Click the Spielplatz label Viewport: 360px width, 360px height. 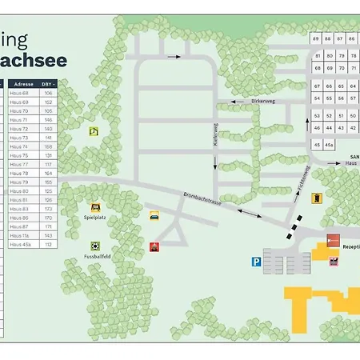point(95,216)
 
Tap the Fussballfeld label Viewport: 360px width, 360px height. point(96,257)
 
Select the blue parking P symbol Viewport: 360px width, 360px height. point(256,260)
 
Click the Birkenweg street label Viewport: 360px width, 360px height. point(262,102)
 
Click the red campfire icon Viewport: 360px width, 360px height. point(154,246)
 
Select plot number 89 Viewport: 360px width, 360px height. point(316,38)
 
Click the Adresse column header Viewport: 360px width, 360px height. point(24,83)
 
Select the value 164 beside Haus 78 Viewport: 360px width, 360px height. point(48,173)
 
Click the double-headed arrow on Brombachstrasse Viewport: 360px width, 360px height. point(249,212)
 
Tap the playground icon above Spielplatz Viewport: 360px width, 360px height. point(96,206)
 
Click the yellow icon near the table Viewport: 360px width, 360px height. point(94,131)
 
